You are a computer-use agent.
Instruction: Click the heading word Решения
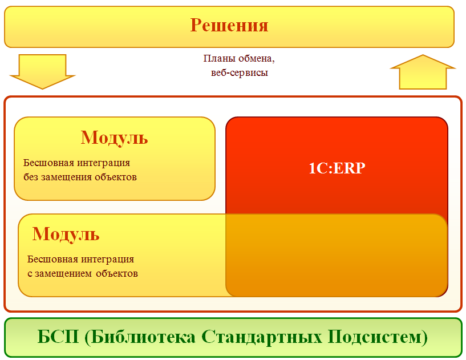tap(229, 26)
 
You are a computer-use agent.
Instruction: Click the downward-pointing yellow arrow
tap(43, 71)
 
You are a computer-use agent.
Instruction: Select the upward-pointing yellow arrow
tap(423, 72)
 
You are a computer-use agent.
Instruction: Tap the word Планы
tap(217, 59)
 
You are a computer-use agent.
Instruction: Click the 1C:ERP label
tap(337, 168)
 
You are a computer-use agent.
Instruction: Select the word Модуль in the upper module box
tap(115, 137)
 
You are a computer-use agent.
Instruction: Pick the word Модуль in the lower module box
tap(66, 234)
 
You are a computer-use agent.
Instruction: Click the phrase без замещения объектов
tap(80, 177)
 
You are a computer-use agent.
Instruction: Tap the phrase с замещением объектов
tap(83, 273)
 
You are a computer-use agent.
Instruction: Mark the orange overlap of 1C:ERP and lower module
tap(337, 256)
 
